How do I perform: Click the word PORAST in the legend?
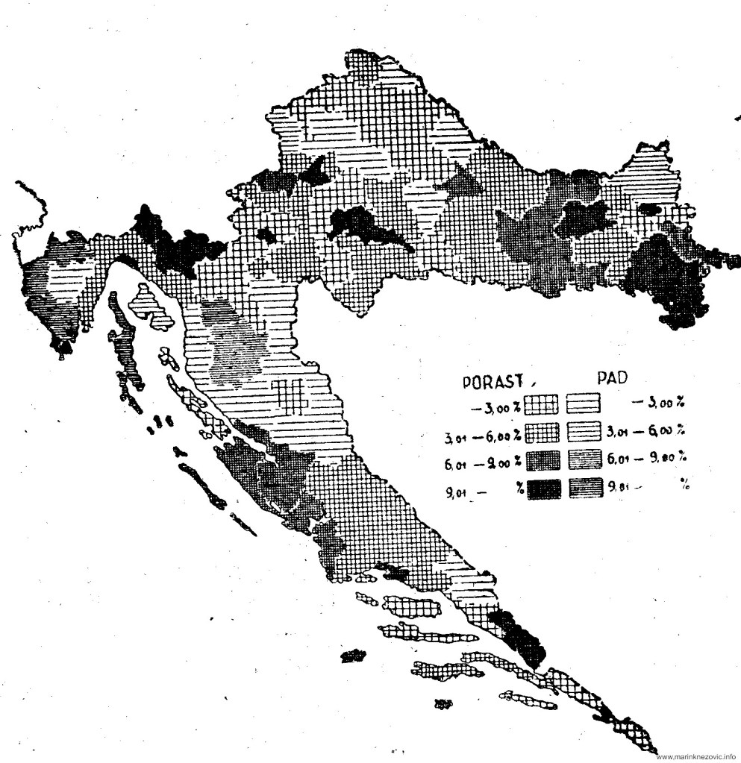click(490, 383)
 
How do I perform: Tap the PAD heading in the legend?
click(610, 380)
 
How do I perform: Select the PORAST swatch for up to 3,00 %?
click(542, 405)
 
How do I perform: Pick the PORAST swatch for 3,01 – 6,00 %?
click(542, 433)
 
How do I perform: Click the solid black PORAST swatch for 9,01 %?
click(543, 489)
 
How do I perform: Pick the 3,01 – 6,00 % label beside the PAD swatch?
click(647, 432)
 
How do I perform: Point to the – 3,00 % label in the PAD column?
click(657, 404)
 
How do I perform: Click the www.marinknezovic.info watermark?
click(697, 756)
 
